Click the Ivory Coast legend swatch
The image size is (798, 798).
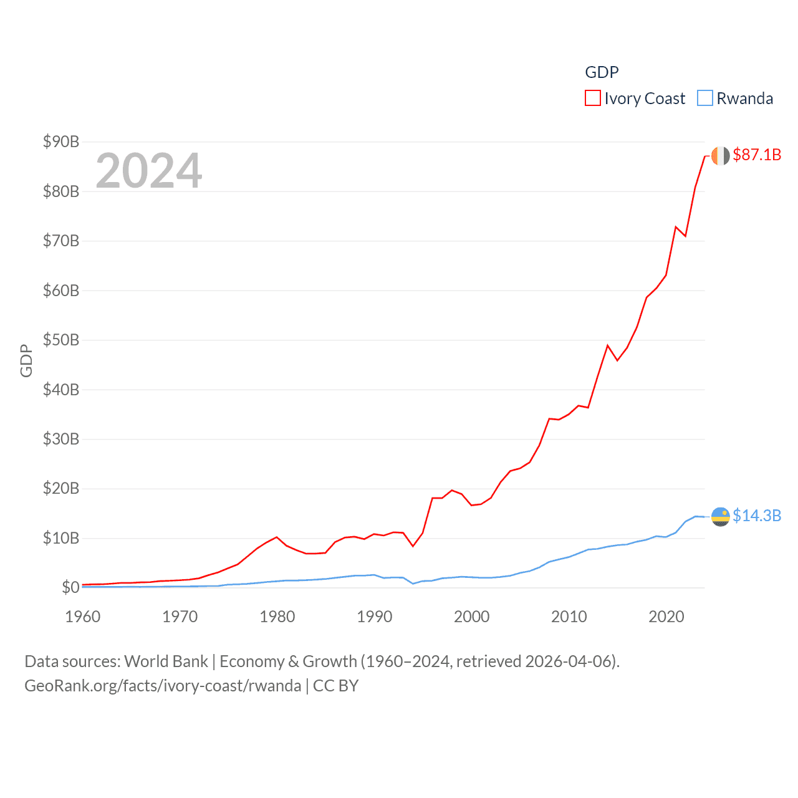pyautogui.click(x=592, y=99)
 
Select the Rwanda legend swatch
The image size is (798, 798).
pyautogui.click(x=705, y=99)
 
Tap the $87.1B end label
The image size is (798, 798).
pyautogui.click(x=757, y=155)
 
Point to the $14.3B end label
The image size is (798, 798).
pyautogui.click(x=757, y=516)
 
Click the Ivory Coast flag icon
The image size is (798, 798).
pyautogui.click(x=721, y=156)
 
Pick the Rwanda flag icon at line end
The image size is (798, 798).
pyautogui.click(x=721, y=516)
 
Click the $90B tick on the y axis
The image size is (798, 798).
pyautogui.click(x=61, y=142)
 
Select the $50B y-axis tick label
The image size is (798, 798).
pyautogui.click(x=61, y=340)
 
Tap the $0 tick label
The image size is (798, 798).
pyautogui.click(x=70, y=587)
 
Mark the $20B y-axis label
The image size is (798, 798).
pyautogui.click(x=61, y=488)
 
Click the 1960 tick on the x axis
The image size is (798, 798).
pyautogui.click(x=83, y=617)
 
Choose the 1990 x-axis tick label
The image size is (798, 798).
pyautogui.click(x=375, y=617)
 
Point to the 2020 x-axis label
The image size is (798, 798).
pyautogui.click(x=666, y=617)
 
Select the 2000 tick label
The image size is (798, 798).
pyautogui.click(x=472, y=617)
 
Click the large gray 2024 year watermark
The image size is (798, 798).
pyautogui.click(x=149, y=171)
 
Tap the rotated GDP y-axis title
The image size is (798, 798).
pyautogui.click(x=26, y=360)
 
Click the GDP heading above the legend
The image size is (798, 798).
pyautogui.click(x=602, y=72)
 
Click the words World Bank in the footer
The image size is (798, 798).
pyautogui.click(x=166, y=661)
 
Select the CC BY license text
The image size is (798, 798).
pyautogui.click(x=335, y=686)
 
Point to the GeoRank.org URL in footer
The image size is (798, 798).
pyautogui.click(x=163, y=686)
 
